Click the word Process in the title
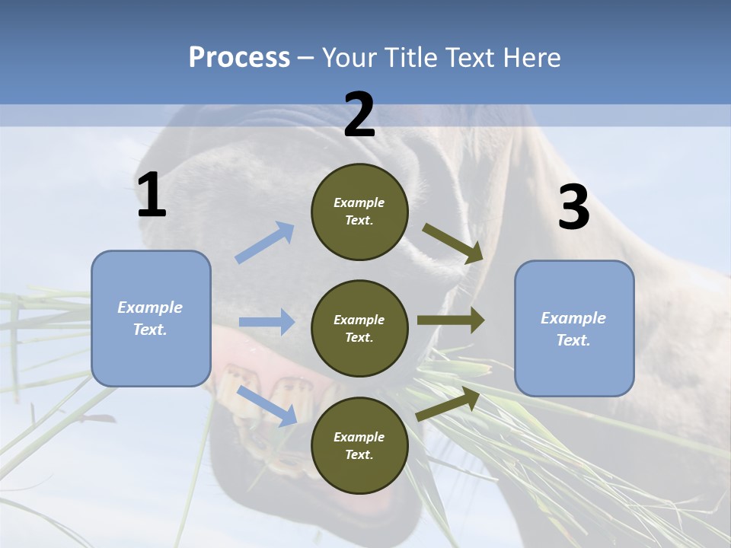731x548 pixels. pos(239,57)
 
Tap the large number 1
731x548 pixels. pos(152,196)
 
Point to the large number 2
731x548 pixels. pos(359,115)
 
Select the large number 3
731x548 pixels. pos(573,208)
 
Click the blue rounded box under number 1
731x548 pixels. pos(151,318)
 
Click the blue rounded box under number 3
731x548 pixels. pos(574,328)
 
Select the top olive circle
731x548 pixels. pos(359,212)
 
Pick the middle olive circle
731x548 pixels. pos(359,328)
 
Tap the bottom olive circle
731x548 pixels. pos(359,445)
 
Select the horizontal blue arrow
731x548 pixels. pos(267,322)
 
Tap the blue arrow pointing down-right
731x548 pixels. pos(267,406)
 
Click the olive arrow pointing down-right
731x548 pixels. pos(453,244)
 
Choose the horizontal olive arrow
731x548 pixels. pos(450,320)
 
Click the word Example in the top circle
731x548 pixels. pos(359,202)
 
